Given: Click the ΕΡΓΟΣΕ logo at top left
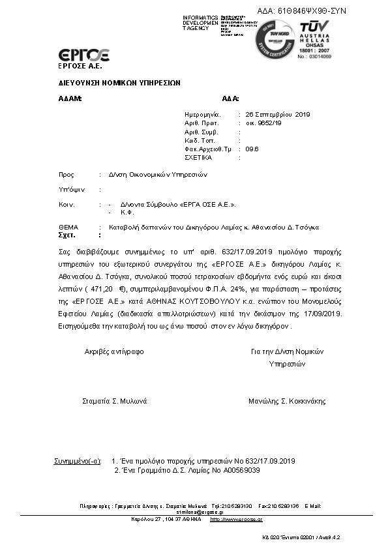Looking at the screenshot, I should point(83,55).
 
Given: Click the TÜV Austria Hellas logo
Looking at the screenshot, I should point(316,38).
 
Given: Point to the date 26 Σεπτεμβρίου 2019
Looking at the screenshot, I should point(278,115).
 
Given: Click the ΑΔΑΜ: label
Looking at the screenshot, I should point(70,99).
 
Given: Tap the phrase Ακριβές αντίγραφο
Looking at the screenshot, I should point(114,351).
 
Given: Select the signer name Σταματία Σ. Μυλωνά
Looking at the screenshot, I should point(114,401).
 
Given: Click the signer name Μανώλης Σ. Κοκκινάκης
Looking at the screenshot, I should point(287,401).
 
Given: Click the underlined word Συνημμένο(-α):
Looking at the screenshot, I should point(77,461).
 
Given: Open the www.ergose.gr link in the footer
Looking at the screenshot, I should point(241,520).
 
